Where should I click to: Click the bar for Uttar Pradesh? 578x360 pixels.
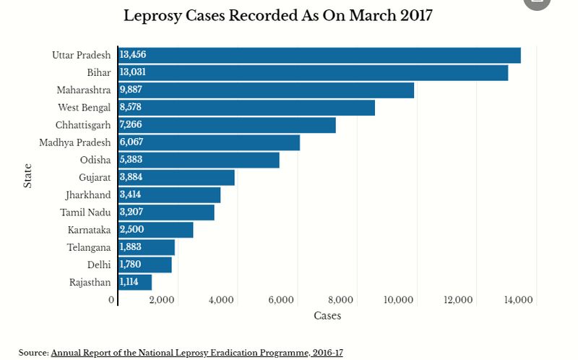point(319,56)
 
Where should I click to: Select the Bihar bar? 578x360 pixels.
point(313,73)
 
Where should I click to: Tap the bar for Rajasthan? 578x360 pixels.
point(135,282)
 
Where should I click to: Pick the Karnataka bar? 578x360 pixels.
point(156,230)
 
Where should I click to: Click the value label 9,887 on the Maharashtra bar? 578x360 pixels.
point(131,90)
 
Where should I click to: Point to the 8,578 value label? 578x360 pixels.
point(131,108)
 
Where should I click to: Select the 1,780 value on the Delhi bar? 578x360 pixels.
point(131,265)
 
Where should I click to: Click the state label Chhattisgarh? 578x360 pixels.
point(83,125)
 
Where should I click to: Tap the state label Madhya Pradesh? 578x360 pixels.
point(75,142)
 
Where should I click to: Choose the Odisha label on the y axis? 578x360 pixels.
point(95,160)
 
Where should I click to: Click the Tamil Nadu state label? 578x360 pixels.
point(85,213)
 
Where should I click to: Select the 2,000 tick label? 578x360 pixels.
point(160,300)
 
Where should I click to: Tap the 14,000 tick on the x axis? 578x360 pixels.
point(518,300)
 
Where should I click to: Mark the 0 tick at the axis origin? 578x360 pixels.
point(112,300)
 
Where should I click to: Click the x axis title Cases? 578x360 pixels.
point(327,316)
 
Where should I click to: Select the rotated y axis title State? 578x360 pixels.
point(27,176)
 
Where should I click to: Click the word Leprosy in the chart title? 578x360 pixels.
point(151,16)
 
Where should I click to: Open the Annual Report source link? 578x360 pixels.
point(197,353)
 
